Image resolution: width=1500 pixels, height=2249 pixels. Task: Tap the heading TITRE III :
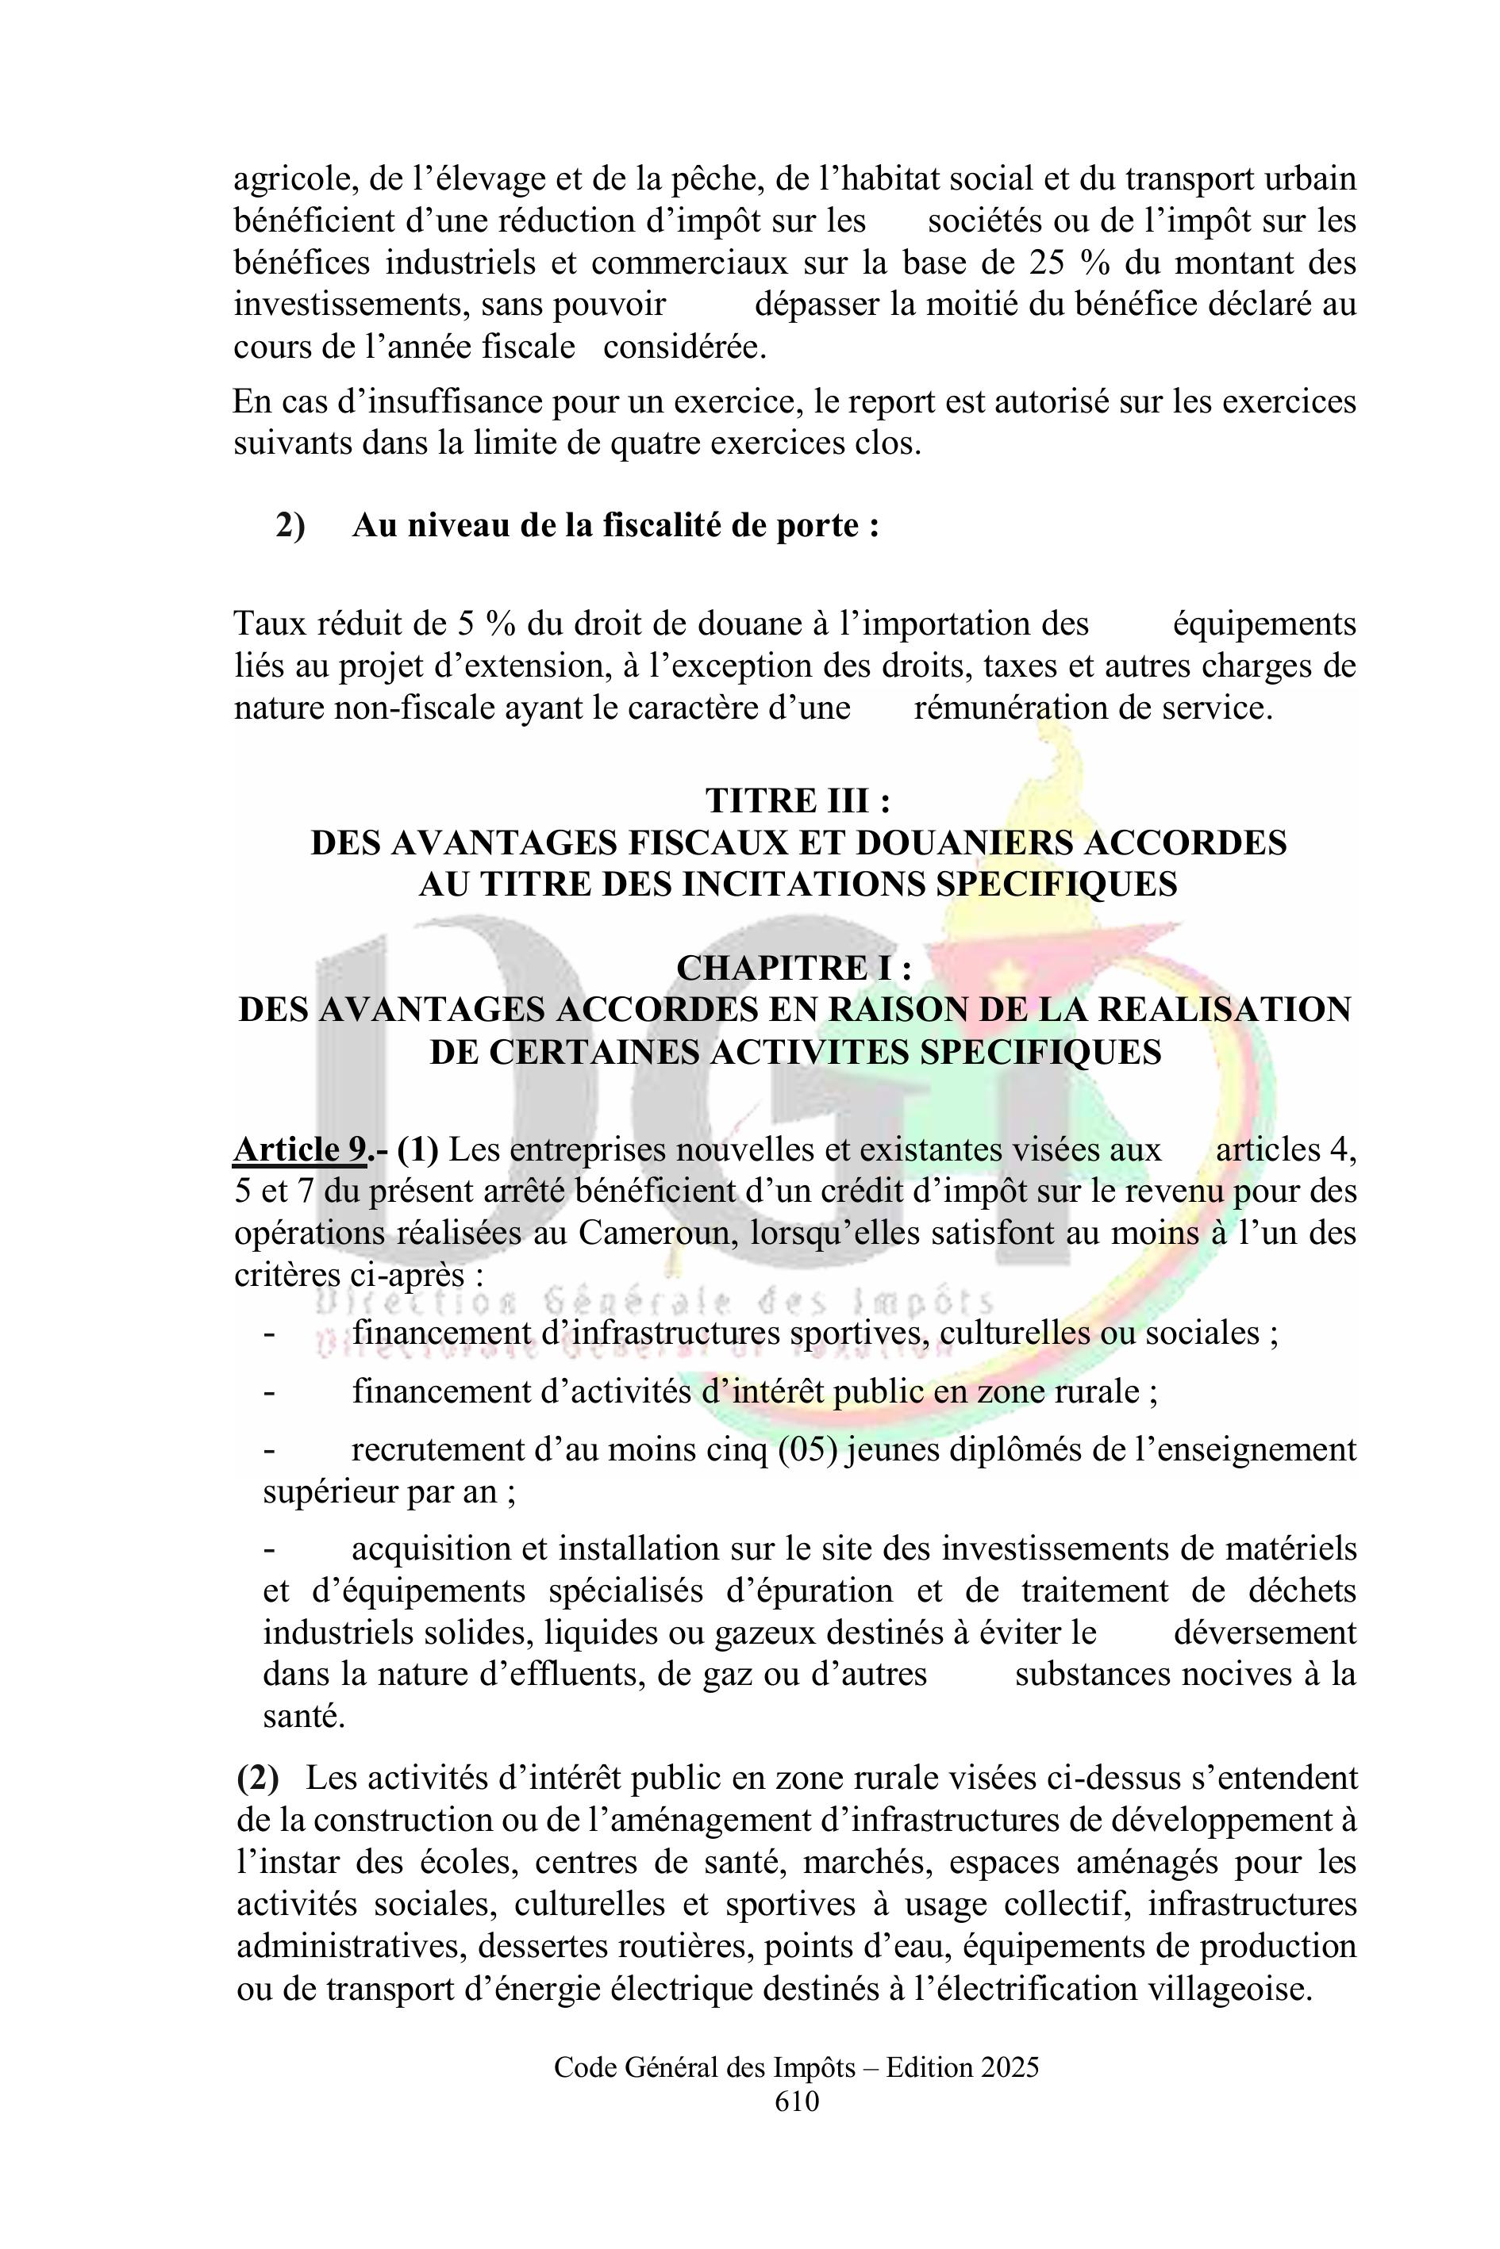(x=798, y=800)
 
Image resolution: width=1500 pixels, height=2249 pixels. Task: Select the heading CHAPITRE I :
(x=793, y=969)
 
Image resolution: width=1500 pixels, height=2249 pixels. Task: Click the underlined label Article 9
(x=298, y=1149)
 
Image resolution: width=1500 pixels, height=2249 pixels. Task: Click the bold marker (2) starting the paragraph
(x=257, y=1779)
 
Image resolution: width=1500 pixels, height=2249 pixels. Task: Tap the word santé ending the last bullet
(x=302, y=1717)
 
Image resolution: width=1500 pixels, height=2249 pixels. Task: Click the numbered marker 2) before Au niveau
(x=290, y=526)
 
